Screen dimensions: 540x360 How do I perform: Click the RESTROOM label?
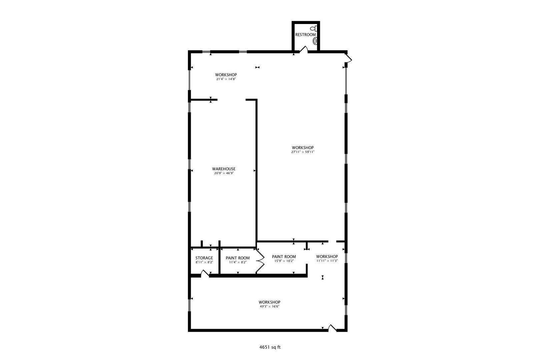305,35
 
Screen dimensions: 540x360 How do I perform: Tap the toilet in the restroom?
314,29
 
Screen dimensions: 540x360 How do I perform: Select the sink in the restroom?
315,41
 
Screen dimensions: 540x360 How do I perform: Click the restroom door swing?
304,49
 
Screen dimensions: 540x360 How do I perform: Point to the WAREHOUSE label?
224,169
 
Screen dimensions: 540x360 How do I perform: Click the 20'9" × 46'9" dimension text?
224,173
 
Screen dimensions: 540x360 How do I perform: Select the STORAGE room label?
204,258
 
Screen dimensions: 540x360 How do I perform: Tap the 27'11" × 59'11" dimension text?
303,152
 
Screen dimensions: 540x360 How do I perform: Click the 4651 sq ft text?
270,347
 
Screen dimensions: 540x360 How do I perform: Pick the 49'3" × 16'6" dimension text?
270,306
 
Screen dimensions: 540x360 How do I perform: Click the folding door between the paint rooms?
260,261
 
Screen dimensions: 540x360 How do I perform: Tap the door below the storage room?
205,273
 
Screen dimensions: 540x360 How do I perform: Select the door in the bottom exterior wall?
332,328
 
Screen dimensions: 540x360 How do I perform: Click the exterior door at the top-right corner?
349,58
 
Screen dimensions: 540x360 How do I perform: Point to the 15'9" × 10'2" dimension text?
284,261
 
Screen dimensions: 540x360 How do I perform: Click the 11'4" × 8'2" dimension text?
238,262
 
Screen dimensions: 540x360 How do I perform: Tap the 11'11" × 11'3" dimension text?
327,261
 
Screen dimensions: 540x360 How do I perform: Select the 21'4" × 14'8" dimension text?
226,79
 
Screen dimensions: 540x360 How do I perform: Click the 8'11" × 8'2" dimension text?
204,262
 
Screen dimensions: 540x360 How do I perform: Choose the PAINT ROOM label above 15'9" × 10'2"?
284,257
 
